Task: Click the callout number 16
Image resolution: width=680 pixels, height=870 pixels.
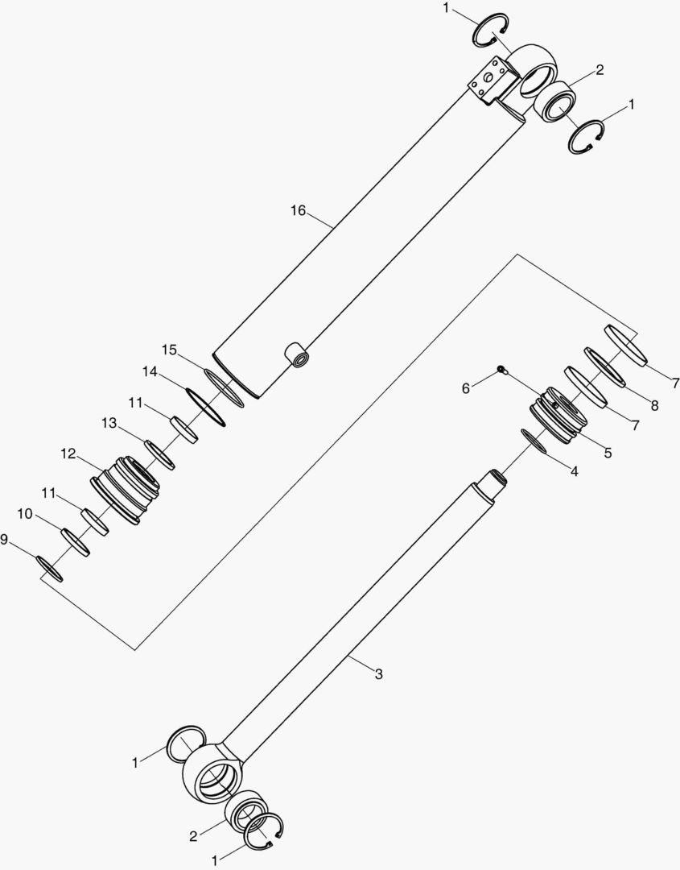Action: [298, 211]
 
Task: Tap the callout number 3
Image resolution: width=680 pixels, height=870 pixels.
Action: [378, 673]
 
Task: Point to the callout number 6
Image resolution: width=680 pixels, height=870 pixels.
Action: [466, 388]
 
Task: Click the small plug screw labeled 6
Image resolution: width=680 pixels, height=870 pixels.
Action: [501, 370]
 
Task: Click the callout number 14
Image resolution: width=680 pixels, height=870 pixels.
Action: [150, 373]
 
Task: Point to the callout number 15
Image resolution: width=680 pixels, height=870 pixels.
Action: [169, 350]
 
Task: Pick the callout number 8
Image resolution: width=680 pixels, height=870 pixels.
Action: [654, 406]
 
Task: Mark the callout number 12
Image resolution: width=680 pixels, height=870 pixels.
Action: [68, 454]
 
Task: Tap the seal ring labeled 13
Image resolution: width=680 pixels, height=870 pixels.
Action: [158, 454]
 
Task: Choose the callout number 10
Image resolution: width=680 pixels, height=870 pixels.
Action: [25, 514]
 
